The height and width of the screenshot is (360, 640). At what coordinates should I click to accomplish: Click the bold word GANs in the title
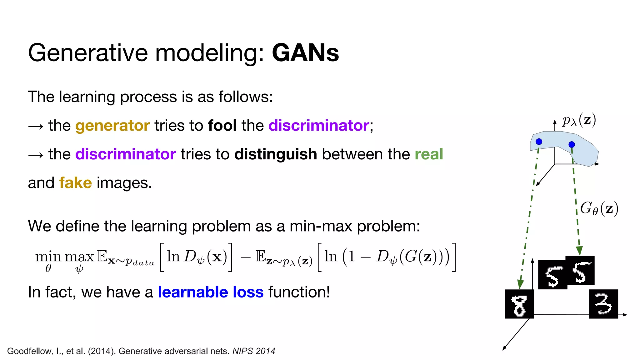305,53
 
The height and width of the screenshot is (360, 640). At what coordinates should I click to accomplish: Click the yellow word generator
112,126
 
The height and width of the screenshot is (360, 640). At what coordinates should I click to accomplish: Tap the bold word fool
222,126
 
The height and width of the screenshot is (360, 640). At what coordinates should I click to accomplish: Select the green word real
429,154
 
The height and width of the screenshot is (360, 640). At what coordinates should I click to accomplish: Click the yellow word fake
75,183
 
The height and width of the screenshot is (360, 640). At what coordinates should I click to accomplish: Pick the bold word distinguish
276,154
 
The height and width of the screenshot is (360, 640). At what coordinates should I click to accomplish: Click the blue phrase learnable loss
211,292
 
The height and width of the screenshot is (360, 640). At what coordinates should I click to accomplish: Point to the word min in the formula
48,257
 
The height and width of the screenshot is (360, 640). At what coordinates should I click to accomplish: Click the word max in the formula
79,257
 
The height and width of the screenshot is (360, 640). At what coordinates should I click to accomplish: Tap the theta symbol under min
48,268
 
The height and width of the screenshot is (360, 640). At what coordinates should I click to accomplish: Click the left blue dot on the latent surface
539,142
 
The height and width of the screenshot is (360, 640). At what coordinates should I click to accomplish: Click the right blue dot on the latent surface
572,144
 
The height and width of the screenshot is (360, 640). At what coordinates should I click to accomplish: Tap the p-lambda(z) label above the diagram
579,120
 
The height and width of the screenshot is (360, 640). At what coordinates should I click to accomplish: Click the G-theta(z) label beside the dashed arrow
599,208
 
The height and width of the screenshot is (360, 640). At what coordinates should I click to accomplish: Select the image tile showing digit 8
519,304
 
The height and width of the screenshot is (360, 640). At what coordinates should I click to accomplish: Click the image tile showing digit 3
603,304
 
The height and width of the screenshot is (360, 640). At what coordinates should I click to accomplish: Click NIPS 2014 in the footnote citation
253,351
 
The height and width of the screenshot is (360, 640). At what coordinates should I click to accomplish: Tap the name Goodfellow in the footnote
30,351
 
